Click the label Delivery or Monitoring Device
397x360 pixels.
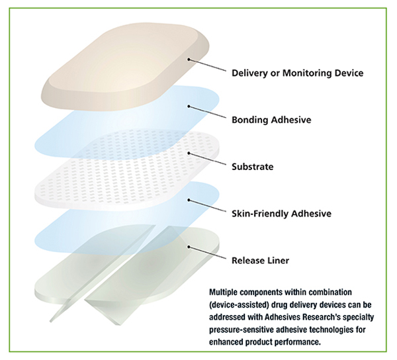click(298, 73)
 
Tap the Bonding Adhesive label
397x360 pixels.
click(271, 120)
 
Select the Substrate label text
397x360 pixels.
click(253, 167)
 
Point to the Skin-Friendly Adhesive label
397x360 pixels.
click(282, 213)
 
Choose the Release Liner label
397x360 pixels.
click(260, 260)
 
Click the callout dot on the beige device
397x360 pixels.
click(189, 60)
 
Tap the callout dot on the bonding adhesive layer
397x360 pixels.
click(189, 107)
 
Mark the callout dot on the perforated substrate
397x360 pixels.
click(189, 153)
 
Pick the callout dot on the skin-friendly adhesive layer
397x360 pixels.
click(189, 200)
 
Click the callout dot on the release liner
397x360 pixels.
click(189, 247)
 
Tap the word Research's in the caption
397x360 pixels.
click(328, 317)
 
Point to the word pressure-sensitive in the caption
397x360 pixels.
click(241, 330)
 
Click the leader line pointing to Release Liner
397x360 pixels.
click(208, 253)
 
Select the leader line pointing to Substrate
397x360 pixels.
click(208, 159)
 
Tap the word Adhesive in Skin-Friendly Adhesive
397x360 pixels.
click(311, 213)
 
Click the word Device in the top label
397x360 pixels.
click(349, 73)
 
